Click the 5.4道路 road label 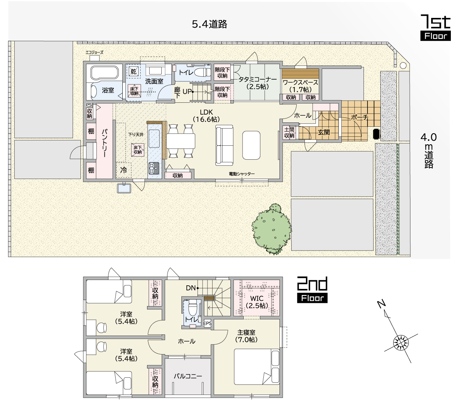pyautogui.click(x=210, y=24)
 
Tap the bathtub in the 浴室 pyautogui.click(x=104, y=73)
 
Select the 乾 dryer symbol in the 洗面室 pyautogui.click(x=133, y=72)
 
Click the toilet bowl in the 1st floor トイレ pyautogui.click(x=202, y=72)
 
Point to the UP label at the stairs pyautogui.click(x=187, y=92)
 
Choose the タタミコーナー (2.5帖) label pyautogui.click(x=257, y=83)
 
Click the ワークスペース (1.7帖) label pyautogui.click(x=300, y=86)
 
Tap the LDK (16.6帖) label pyautogui.click(x=206, y=116)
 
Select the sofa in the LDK pyautogui.click(x=224, y=145)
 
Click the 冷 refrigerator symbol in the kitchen pyautogui.click(x=123, y=170)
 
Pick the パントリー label pyautogui.click(x=105, y=143)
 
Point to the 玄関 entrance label pyautogui.click(x=324, y=132)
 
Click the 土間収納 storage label pyautogui.click(x=289, y=132)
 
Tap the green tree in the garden pyautogui.click(x=272, y=229)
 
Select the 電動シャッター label pyautogui.click(x=242, y=174)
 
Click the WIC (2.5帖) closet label pyautogui.click(x=257, y=302)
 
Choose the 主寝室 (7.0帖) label pyautogui.click(x=246, y=336)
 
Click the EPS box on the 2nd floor pyautogui.click(x=207, y=324)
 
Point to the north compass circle pyautogui.click(x=401, y=343)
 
